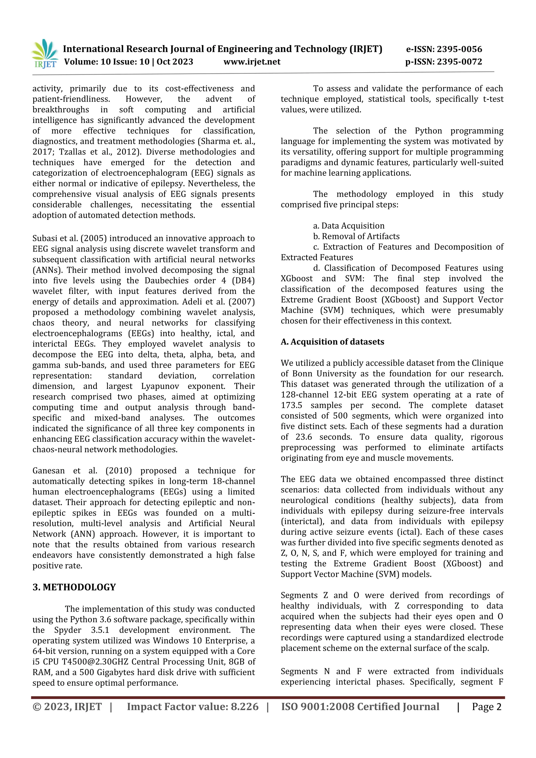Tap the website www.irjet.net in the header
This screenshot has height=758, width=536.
click(252, 62)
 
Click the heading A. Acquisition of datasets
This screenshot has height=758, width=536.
click(332, 342)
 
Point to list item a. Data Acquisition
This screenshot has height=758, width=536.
click(349, 226)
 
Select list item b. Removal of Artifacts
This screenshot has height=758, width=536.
click(356, 236)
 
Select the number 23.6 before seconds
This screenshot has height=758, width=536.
click(304, 437)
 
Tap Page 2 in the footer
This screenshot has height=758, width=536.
click(487, 707)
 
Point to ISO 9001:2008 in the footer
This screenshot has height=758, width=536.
click(317, 707)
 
